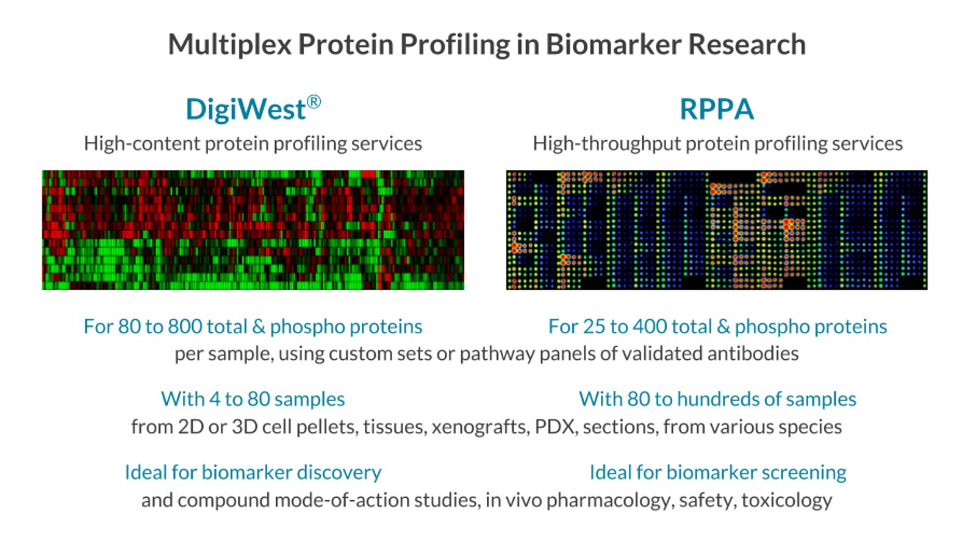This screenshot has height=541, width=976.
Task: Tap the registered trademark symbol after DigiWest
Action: coord(314,101)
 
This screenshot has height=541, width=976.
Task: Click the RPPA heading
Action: coord(716,110)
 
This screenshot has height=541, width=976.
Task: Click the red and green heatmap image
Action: coord(253,229)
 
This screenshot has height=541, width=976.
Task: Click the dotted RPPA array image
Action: coord(716,229)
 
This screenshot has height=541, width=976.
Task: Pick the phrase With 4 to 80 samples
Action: coord(253,399)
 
